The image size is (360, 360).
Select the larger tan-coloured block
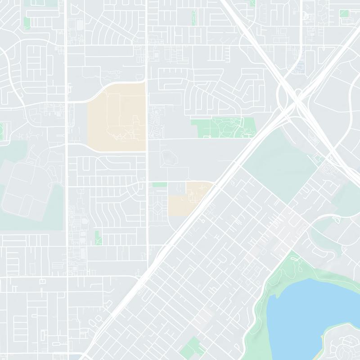coord(116,117)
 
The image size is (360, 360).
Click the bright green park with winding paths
coord(223,127)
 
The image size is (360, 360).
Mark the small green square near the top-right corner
coord(344,13)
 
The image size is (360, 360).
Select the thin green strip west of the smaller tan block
coord(159,184)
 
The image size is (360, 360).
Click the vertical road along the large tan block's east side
coord(147,117)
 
